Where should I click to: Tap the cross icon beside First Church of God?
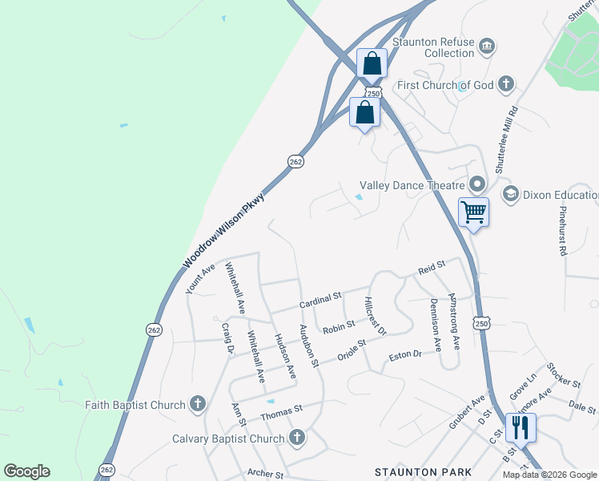(505, 83)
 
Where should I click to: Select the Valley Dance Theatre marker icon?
(477, 184)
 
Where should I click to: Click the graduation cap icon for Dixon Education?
(510, 194)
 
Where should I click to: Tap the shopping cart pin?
(473, 212)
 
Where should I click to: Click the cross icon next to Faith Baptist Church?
(198, 405)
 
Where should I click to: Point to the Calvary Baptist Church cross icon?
(297, 438)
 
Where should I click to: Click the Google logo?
(26, 471)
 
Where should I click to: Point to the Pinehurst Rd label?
(562, 230)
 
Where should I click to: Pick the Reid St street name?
(431, 267)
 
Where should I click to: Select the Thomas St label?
(281, 413)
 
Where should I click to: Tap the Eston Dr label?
(404, 356)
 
